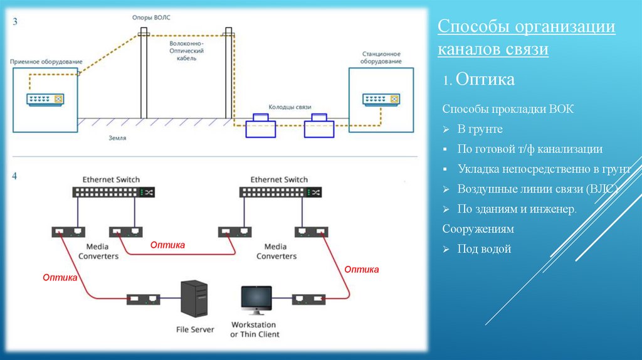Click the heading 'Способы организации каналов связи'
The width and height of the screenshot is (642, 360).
(x=525, y=38)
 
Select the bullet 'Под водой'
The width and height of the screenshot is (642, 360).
(x=484, y=249)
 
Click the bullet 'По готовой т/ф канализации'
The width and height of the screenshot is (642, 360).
(x=530, y=149)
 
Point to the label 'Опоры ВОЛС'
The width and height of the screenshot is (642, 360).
(x=151, y=18)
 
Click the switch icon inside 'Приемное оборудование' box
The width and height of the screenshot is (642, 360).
(x=46, y=98)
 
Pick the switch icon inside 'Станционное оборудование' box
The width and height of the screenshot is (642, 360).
(x=381, y=98)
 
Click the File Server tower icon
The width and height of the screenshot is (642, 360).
(x=193, y=299)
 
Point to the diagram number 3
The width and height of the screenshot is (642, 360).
(x=15, y=21)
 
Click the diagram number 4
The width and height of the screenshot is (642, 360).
(x=15, y=176)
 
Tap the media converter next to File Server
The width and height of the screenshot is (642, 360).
(x=143, y=299)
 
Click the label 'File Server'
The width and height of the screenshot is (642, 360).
(x=195, y=329)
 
